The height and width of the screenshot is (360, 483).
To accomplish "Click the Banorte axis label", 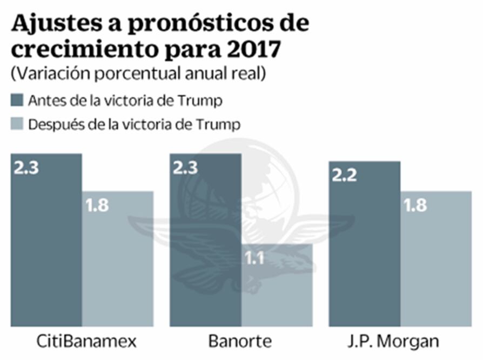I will pyautogui.click(x=241, y=342).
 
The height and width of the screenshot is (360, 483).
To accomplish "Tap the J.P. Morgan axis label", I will pyautogui.click(x=400, y=342).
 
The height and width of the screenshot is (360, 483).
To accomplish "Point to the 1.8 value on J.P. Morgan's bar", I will pyautogui.click(x=414, y=205).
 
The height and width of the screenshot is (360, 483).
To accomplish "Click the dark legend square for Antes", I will pyautogui.click(x=17, y=101).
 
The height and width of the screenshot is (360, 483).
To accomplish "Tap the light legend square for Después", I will pyautogui.click(x=17, y=124).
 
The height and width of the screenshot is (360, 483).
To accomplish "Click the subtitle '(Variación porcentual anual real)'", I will pyautogui.click(x=138, y=74).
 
